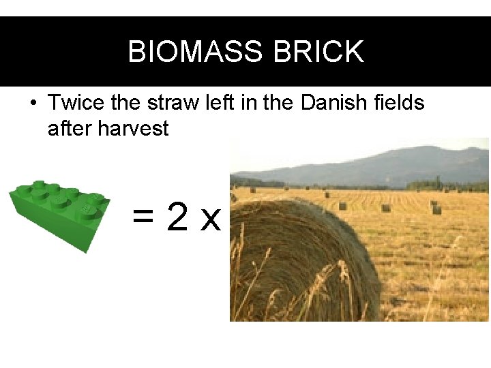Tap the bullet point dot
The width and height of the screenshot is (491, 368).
[32, 104]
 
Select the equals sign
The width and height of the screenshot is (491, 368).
[143, 218]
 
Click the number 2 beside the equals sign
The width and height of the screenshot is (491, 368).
[177, 217]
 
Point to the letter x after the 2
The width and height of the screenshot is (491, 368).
[211, 220]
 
